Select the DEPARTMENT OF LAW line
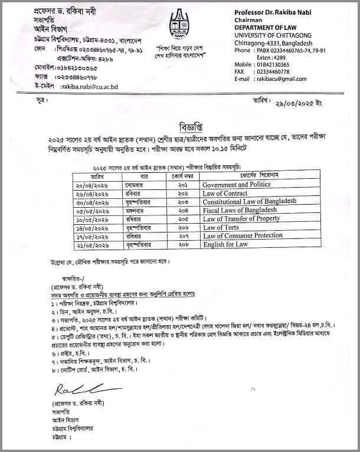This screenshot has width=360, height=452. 269,27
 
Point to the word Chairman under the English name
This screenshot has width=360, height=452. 250,19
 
